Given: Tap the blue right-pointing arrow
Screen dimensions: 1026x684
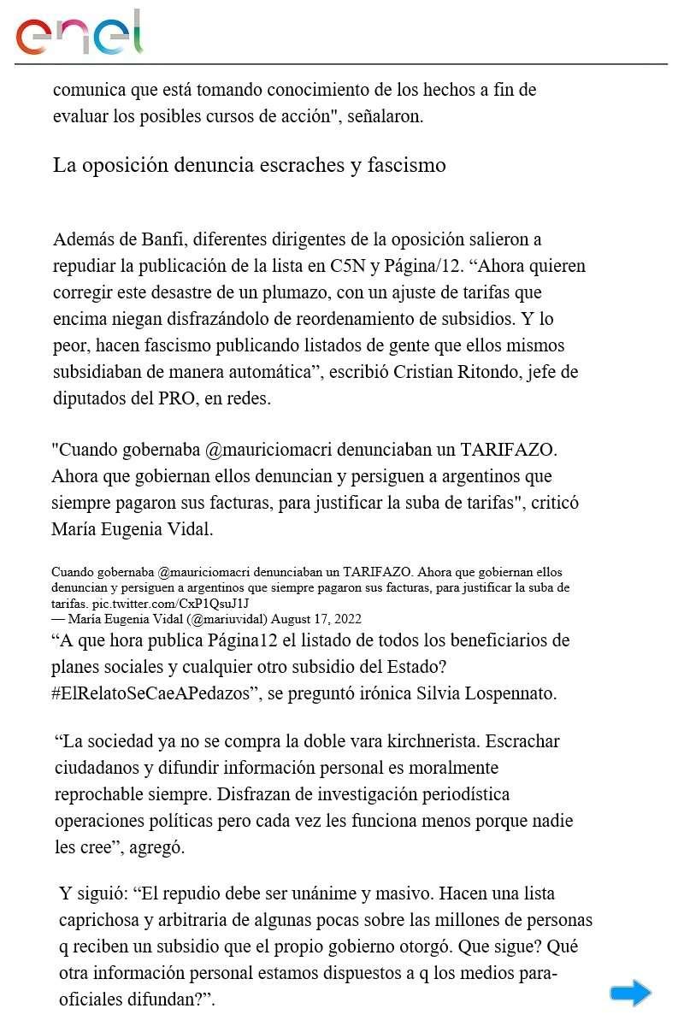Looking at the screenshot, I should (630, 993).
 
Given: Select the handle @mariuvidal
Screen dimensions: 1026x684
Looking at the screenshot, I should (224, 618).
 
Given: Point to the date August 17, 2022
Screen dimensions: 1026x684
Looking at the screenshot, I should (321, 618).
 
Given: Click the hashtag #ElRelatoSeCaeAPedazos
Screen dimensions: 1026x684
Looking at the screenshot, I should (155, 693).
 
